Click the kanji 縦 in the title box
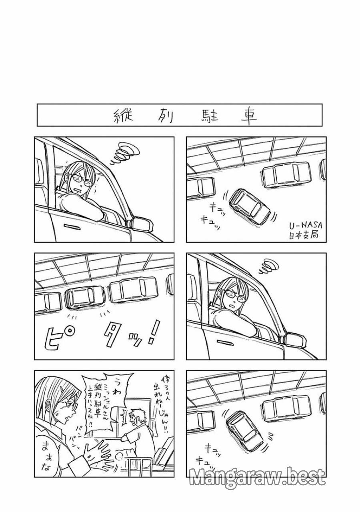[122, 116]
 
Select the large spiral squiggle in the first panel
[126, 154]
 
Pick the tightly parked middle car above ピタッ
[84, 297]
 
